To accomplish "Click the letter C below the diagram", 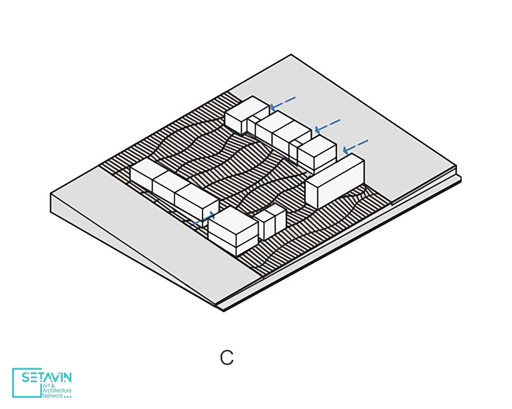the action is pyautogui.click(x=227, y=357).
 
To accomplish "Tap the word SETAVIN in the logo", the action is pyautogui.click(x=47, y=377).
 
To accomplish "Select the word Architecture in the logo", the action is pyautogui.click(x=57, y=391).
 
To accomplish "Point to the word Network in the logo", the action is pyautogui.click(x=53, y=396).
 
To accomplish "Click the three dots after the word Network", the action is pyautogui.click(x=68, y=397).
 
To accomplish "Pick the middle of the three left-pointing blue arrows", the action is pyautogui.click(x=328, y=126).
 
